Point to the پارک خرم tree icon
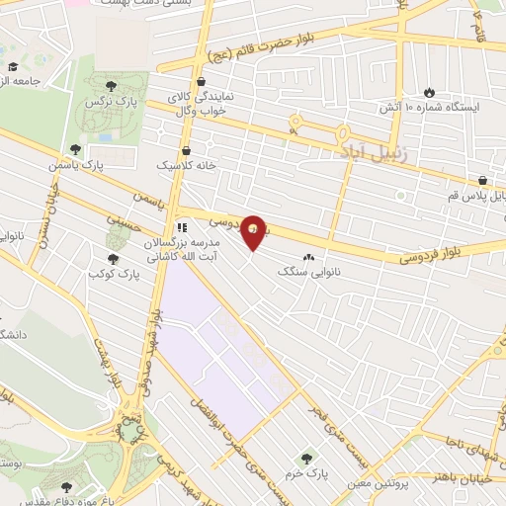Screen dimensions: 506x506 305,459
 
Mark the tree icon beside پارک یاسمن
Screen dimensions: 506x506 75,149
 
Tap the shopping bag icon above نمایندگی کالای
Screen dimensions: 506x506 202,80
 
